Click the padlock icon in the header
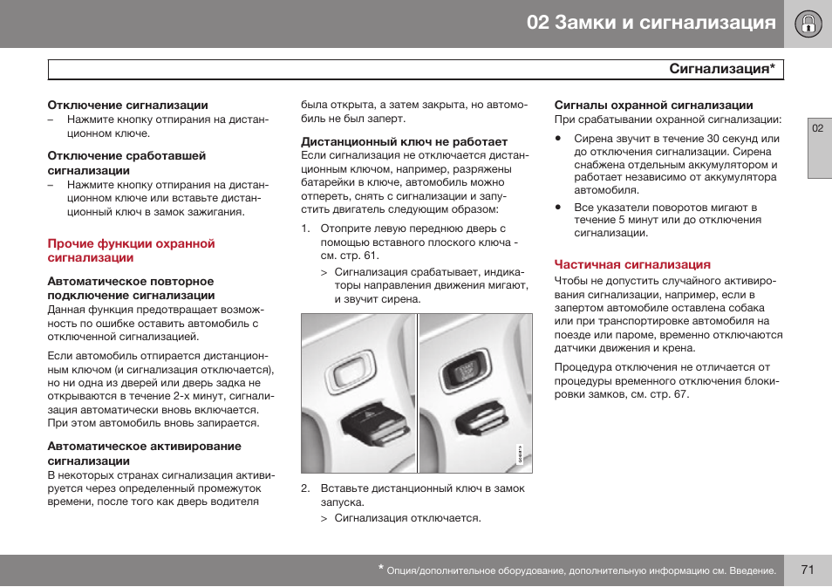pyautogui.click(x=808, y=23)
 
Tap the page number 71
pyautogui.click(x=807, y=570)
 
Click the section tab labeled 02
pyautogui.click(x=818, y=128)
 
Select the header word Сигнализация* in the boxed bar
pyautogui.click(x=722, y=69)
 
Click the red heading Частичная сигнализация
pyautogui.click(x=632, y=264)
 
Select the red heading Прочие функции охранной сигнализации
pyautogui.click(x=131, y=250)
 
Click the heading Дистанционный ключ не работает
pyautogui.click(x=404, y=141)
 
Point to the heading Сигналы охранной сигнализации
pyautogui.click(x=653, y=105)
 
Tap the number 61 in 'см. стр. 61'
pyautogui.click(x=371, y=256)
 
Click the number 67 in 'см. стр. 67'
pyautogui.click(x=681, y=394)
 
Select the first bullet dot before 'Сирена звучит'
pyautogui.click(x=558, y=139)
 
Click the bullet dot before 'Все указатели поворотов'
pyautogui.click(x=558, y=208)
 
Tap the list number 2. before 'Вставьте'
pyautogui.click(x=306, y=488)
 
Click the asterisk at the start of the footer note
pyautogui.click(x=381, y=568)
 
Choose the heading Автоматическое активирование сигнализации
pyautogui.click(x=144, y=454)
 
